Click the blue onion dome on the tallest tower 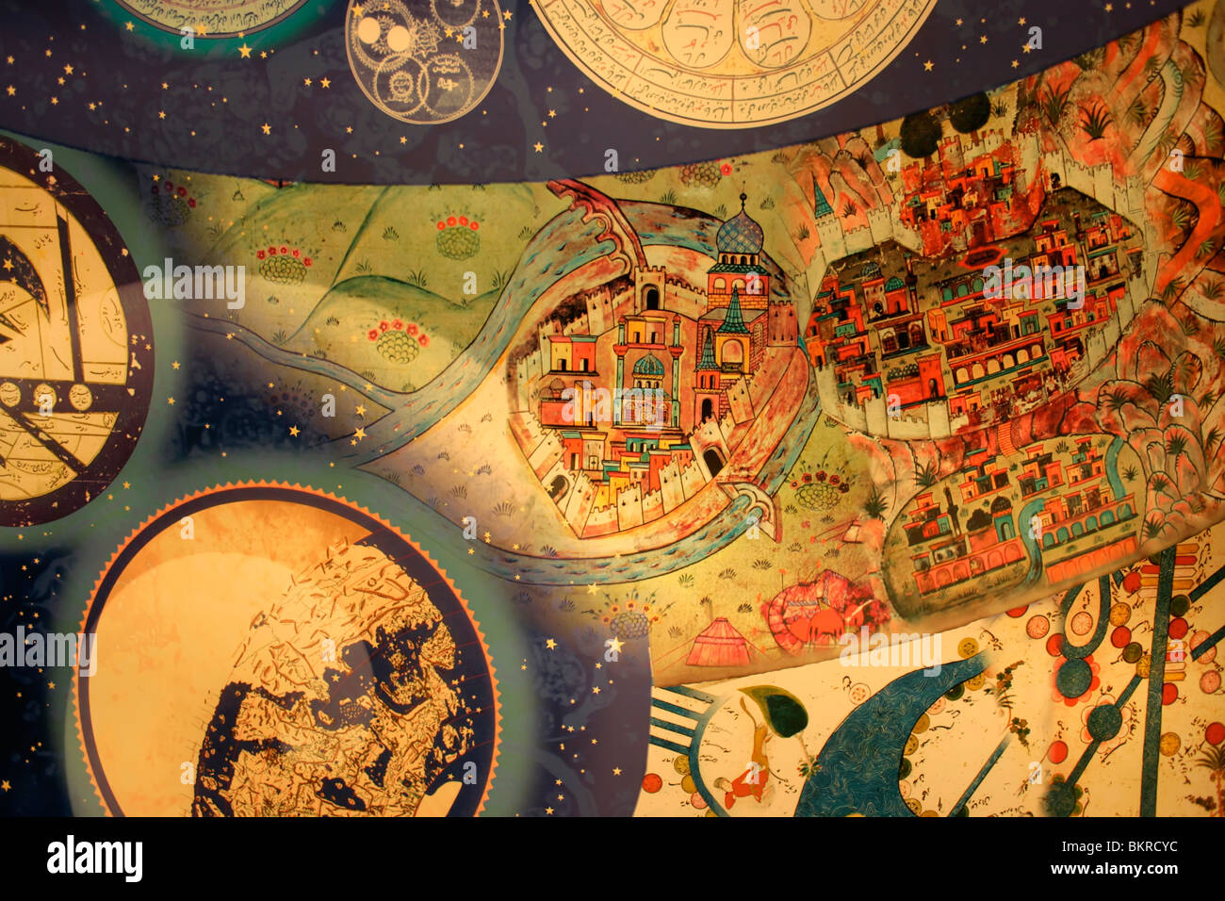(x=741, y=235)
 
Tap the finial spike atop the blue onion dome (x=743, y=200)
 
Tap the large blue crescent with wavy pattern (x=876, y=745)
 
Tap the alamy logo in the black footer (x=94, y=859)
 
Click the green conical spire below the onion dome (x=732, y=315)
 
